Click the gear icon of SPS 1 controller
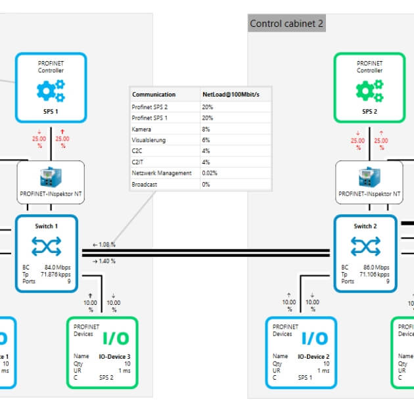51,91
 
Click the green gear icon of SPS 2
369,91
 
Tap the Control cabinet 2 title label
287,24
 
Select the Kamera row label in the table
143,129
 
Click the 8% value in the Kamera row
206,129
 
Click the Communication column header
154,95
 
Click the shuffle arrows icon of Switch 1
46,246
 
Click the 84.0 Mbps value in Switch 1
58,267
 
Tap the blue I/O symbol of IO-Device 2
315,338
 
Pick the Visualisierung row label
149,140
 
